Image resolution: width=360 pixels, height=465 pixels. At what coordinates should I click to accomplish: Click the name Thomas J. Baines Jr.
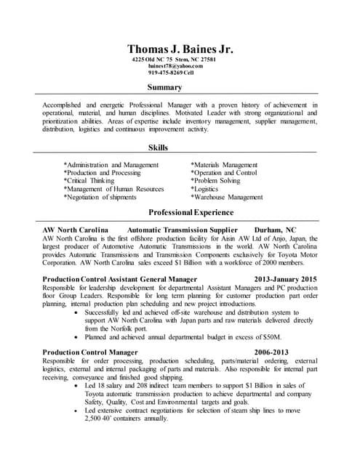(180, 49)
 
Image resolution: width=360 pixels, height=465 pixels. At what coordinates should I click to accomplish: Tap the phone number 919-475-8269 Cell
(171, 73)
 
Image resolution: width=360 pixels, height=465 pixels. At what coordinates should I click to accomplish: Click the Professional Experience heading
(191, 213)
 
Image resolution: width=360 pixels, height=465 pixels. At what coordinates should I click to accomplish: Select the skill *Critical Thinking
(94, 181)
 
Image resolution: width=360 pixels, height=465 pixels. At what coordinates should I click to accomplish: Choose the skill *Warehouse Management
(226, 197)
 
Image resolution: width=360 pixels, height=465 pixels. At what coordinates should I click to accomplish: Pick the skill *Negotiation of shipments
(100, 197)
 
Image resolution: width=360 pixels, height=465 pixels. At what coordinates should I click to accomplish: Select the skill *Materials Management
(224, 165)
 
